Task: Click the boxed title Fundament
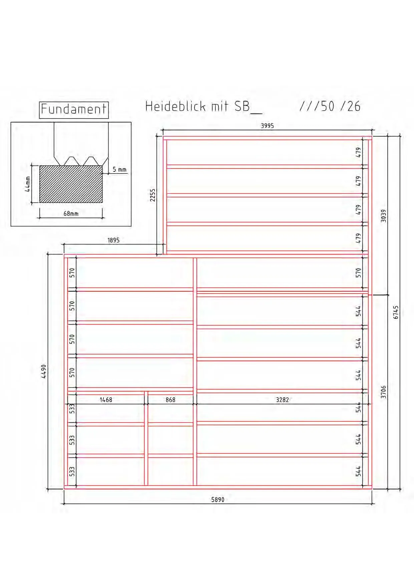pyautogui.click(x=74, y=110)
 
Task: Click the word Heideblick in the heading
pyautogui.click(x=175, y=106)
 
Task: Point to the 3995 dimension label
pyautogui.click(x=267, y=126)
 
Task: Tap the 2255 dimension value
pyautogui.click(x=152, y=195)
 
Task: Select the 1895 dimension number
pyautogui.click(x=113, y=240)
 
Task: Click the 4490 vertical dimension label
pyautogui.click(x=44, y=371)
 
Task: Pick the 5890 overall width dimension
pyautogui.click(x=218, y=499)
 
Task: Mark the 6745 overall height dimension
pyautogui.click(x=396, y=312)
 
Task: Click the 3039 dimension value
pyautogui.click(x=383, y=216)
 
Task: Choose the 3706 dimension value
pyautogui.click(x=383, y=392)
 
